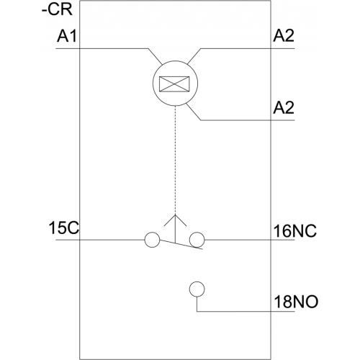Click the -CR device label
coord(57,10)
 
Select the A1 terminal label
coord(67,37)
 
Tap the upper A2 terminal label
coord(284,37)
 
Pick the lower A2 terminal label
coord(284,108)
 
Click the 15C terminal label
coord(63,228)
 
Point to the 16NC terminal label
coord(295,231)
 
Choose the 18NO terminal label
coord(296,302)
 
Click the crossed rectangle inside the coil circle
coord(174,84)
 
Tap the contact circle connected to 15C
coord(152,240)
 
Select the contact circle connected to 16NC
coord(197,240)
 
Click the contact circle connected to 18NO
coord(197,289)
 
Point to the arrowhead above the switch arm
coord(175,220)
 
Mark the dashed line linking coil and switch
coord(176,160)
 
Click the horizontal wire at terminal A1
coord(102,49)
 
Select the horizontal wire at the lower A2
coord(248,120)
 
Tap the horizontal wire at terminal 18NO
coord(246,311)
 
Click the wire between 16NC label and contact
coord(250,240)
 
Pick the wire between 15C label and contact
coord(100,240)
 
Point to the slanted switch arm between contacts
coord(181,244)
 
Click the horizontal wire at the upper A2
coord(248,49)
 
